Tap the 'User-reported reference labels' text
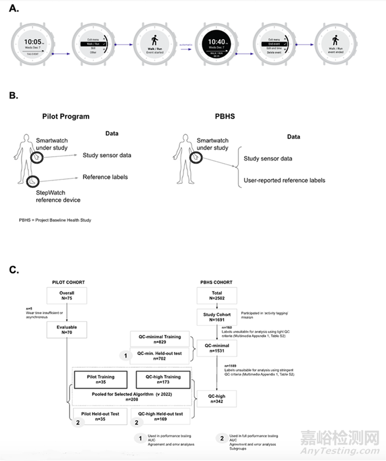[x=284, y=181]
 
